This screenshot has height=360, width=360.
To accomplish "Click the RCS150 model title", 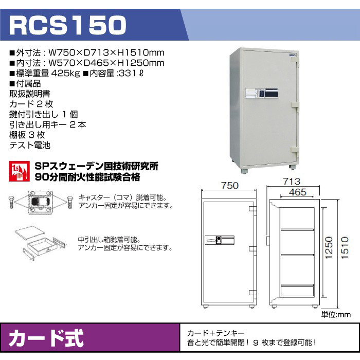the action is pos(68,25).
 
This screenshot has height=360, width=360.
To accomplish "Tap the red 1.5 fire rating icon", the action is pos(20,171).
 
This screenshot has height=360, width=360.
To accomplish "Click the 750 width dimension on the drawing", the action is pos(230,186).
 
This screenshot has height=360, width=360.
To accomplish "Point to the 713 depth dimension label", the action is pos(292,182).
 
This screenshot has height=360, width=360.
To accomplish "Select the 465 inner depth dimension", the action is pos(298,192).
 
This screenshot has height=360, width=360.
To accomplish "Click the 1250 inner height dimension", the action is pos(329,247).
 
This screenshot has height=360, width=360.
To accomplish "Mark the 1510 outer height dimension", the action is pos(345,248).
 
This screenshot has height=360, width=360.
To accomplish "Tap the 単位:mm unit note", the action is pos(336,314).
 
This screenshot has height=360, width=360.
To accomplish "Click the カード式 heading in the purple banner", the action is pos(46,338).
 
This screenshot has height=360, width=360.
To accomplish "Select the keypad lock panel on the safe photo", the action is pos(262,93).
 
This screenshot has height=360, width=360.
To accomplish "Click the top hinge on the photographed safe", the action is pos(296,59).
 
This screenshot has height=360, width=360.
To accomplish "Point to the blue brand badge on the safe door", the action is pos(293,55).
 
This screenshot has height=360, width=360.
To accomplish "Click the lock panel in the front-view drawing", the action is pos(220,240).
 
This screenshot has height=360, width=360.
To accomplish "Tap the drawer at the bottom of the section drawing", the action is pos(297,291).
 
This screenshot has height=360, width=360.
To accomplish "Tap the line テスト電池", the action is pos(30,145).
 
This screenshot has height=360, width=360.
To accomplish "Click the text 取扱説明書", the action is pos(30,94).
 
